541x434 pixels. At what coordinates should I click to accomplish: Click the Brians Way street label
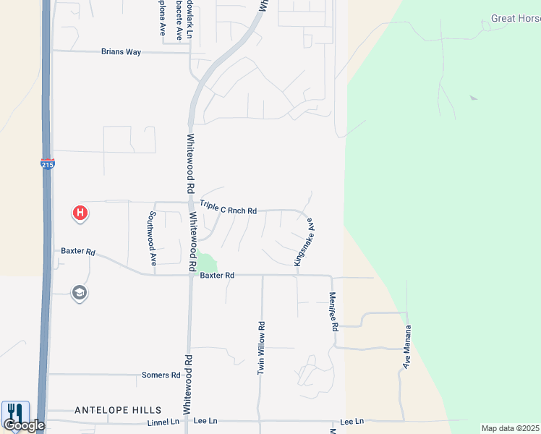click(x=121, y=52)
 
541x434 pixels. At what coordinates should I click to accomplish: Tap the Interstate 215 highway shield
click(x=47, y=164)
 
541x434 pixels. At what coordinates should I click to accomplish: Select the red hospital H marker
click(x=81, y=213)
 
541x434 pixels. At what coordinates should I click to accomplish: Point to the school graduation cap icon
click(x=79, y=293)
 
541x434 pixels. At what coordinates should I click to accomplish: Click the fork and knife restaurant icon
click(x=15, y=411)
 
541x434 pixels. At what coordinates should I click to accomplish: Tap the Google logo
click(x=24, y=425)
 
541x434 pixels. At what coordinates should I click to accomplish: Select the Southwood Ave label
click(x=153, y=238)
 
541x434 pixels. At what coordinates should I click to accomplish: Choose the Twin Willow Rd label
click(x=262, y=347)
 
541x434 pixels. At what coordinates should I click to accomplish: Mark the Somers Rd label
click(x=161, y=375)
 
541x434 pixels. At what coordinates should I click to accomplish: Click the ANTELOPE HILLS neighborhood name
click(x=118, y=410)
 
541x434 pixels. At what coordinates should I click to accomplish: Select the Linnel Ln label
click(x=163, y=422)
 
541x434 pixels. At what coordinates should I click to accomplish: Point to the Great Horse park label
click(x=515, y=18)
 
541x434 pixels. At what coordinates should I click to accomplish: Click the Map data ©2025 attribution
click(x=510, y=428)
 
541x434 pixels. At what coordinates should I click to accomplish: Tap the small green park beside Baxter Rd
click(x=208, y=263)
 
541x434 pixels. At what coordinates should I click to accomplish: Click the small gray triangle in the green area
click(x=473, y=98)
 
